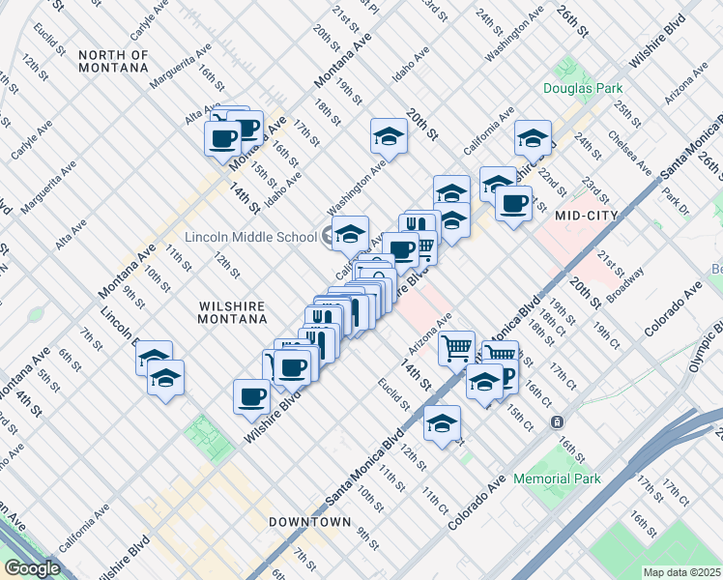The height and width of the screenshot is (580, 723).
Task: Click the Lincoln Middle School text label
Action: [250, 238]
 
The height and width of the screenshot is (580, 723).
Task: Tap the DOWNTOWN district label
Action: [309, 522]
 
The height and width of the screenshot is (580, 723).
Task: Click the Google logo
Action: [32, 568]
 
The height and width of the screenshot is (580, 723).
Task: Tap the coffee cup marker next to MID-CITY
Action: [512, 204]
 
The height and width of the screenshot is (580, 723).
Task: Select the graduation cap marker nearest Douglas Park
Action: [532, 139]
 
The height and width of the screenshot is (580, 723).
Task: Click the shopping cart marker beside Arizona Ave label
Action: [456, 347]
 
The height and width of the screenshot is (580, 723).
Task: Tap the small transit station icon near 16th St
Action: [557, 421]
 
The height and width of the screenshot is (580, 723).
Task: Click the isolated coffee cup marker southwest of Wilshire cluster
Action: [252, 397]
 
